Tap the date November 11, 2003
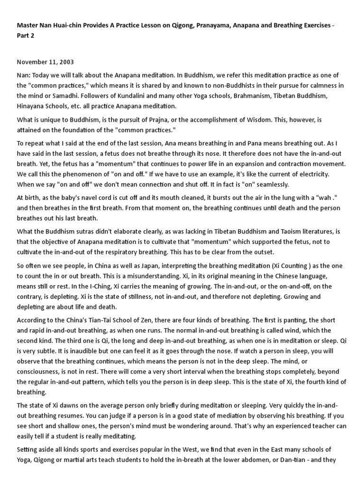(45, 62)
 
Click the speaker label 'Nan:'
(24, 76)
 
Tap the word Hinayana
(32, 106)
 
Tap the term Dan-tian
(295, 459)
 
